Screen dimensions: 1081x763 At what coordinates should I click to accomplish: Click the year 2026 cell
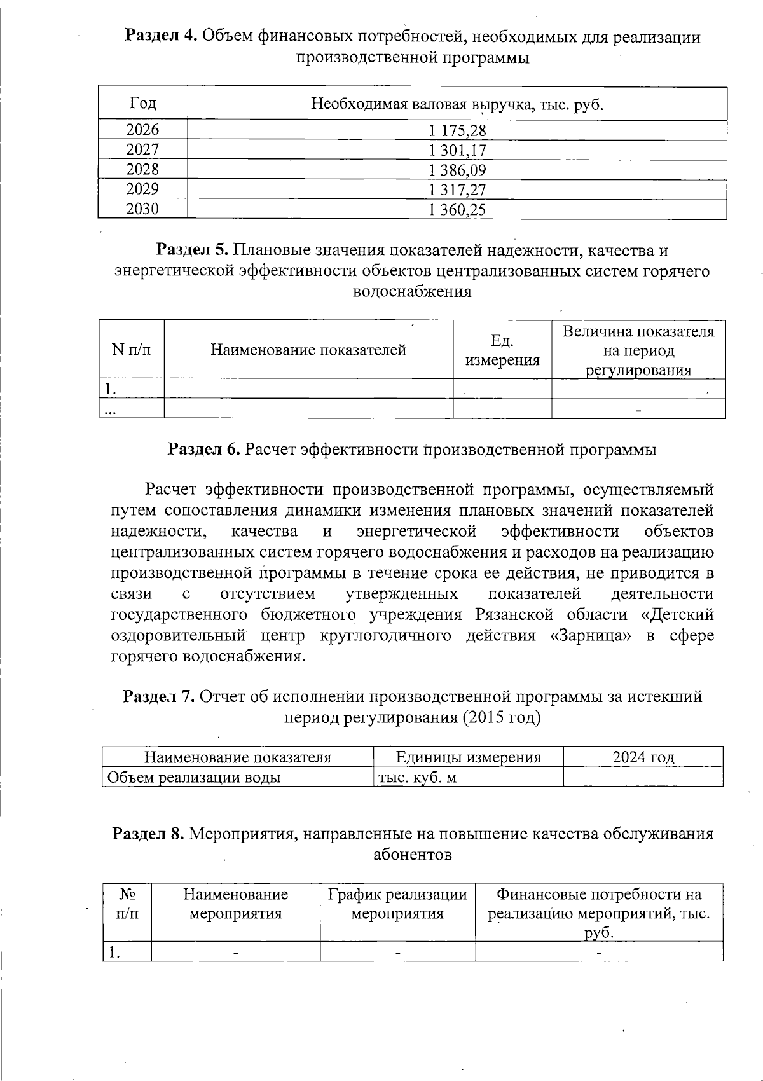(x=142, y=130)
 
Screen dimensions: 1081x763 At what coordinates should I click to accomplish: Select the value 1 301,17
(x=457, y=151)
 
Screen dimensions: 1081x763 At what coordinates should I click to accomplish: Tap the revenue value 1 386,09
(x=457, y=170)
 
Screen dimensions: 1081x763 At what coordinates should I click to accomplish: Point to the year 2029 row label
(x=142, y=189)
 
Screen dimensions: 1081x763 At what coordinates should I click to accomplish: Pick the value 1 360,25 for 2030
(x=457, y=210)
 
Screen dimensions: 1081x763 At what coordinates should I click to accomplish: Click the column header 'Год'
(x=142, y=103)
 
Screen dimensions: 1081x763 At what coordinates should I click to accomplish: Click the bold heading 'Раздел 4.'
(x=160, y=37)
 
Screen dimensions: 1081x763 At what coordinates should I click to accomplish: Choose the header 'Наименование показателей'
(x=308, y=350)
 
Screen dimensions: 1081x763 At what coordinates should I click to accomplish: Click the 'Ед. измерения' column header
(x=502, y=350)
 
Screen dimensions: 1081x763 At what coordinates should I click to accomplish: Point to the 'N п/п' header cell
(x=131, y=350)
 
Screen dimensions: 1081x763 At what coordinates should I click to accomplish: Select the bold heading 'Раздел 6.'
(x=203, y=450)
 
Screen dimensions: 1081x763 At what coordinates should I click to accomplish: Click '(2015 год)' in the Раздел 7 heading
(x=502, y=717)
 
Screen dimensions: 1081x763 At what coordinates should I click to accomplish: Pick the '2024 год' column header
(x=643, y=757)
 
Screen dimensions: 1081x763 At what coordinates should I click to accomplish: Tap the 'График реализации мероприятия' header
(x=397, y=904)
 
